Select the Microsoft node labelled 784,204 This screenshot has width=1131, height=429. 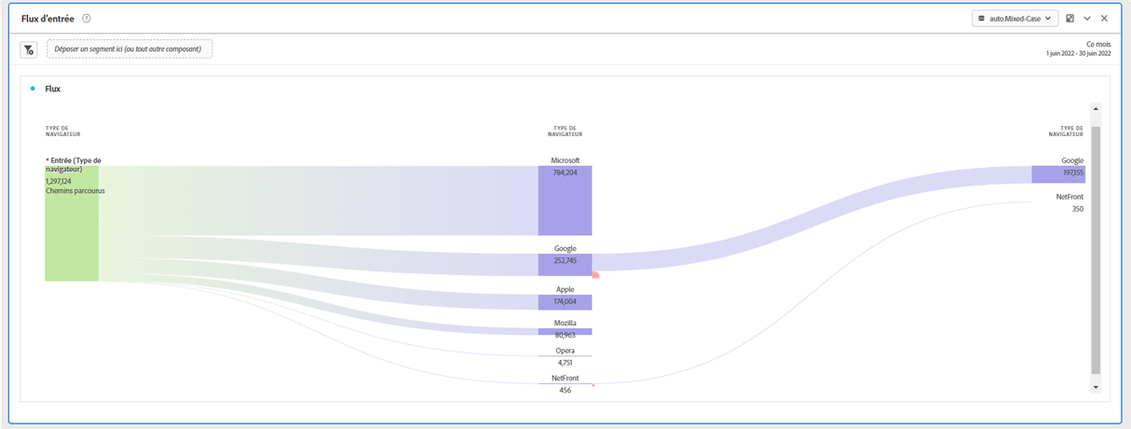[565, 201]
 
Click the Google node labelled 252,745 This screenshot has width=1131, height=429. [565, 264]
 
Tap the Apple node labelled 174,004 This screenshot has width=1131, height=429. [565, 301]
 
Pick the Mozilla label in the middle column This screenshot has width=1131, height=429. [565, 323]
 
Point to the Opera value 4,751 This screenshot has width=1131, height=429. [565, 362]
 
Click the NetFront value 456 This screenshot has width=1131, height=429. [565, 390]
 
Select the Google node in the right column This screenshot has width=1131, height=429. [1057, 173]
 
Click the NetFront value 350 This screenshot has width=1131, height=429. [1077, 209]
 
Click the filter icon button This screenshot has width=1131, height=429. [29, 49]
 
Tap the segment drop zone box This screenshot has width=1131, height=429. [129, 48]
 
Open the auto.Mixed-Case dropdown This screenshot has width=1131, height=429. [1015, 19]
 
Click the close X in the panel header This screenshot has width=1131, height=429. [1104, 19]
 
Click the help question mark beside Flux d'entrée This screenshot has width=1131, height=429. [87, 19]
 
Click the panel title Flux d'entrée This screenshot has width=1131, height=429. [48, 19]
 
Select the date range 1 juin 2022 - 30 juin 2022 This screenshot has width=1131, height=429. [1078, 54]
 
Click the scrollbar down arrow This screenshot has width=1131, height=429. [1096, 387]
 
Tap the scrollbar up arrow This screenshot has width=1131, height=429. [1096, 109]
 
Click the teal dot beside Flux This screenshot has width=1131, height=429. [33, 89]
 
